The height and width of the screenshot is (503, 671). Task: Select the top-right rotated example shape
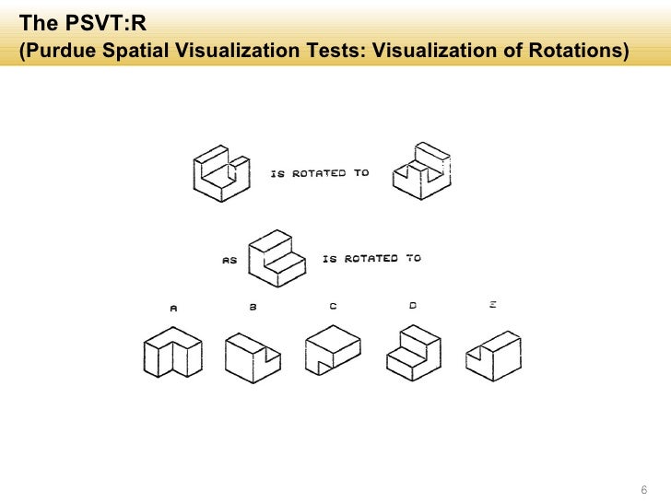(421, 172)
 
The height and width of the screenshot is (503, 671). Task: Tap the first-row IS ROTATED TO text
(320, 173)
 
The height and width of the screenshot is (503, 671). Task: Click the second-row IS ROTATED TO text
(371, 259)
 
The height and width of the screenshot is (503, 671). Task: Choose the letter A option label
(172, 309)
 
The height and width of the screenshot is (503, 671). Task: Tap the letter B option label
(253, 308)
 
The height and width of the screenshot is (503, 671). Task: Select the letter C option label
(333, 307)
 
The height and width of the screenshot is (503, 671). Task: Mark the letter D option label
(413, 305)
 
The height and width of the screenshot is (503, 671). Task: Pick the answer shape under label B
(251, 356)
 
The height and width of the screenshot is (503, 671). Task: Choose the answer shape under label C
(333, 351)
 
